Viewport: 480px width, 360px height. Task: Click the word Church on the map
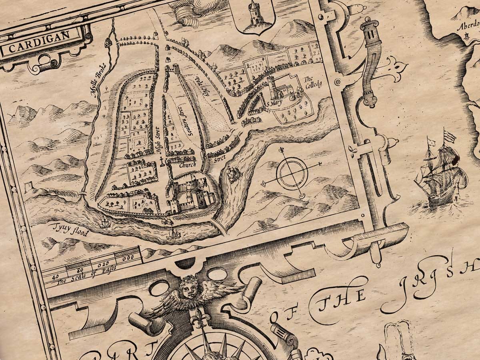[188, 164]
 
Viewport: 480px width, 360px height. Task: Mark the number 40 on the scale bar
[56, 276]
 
